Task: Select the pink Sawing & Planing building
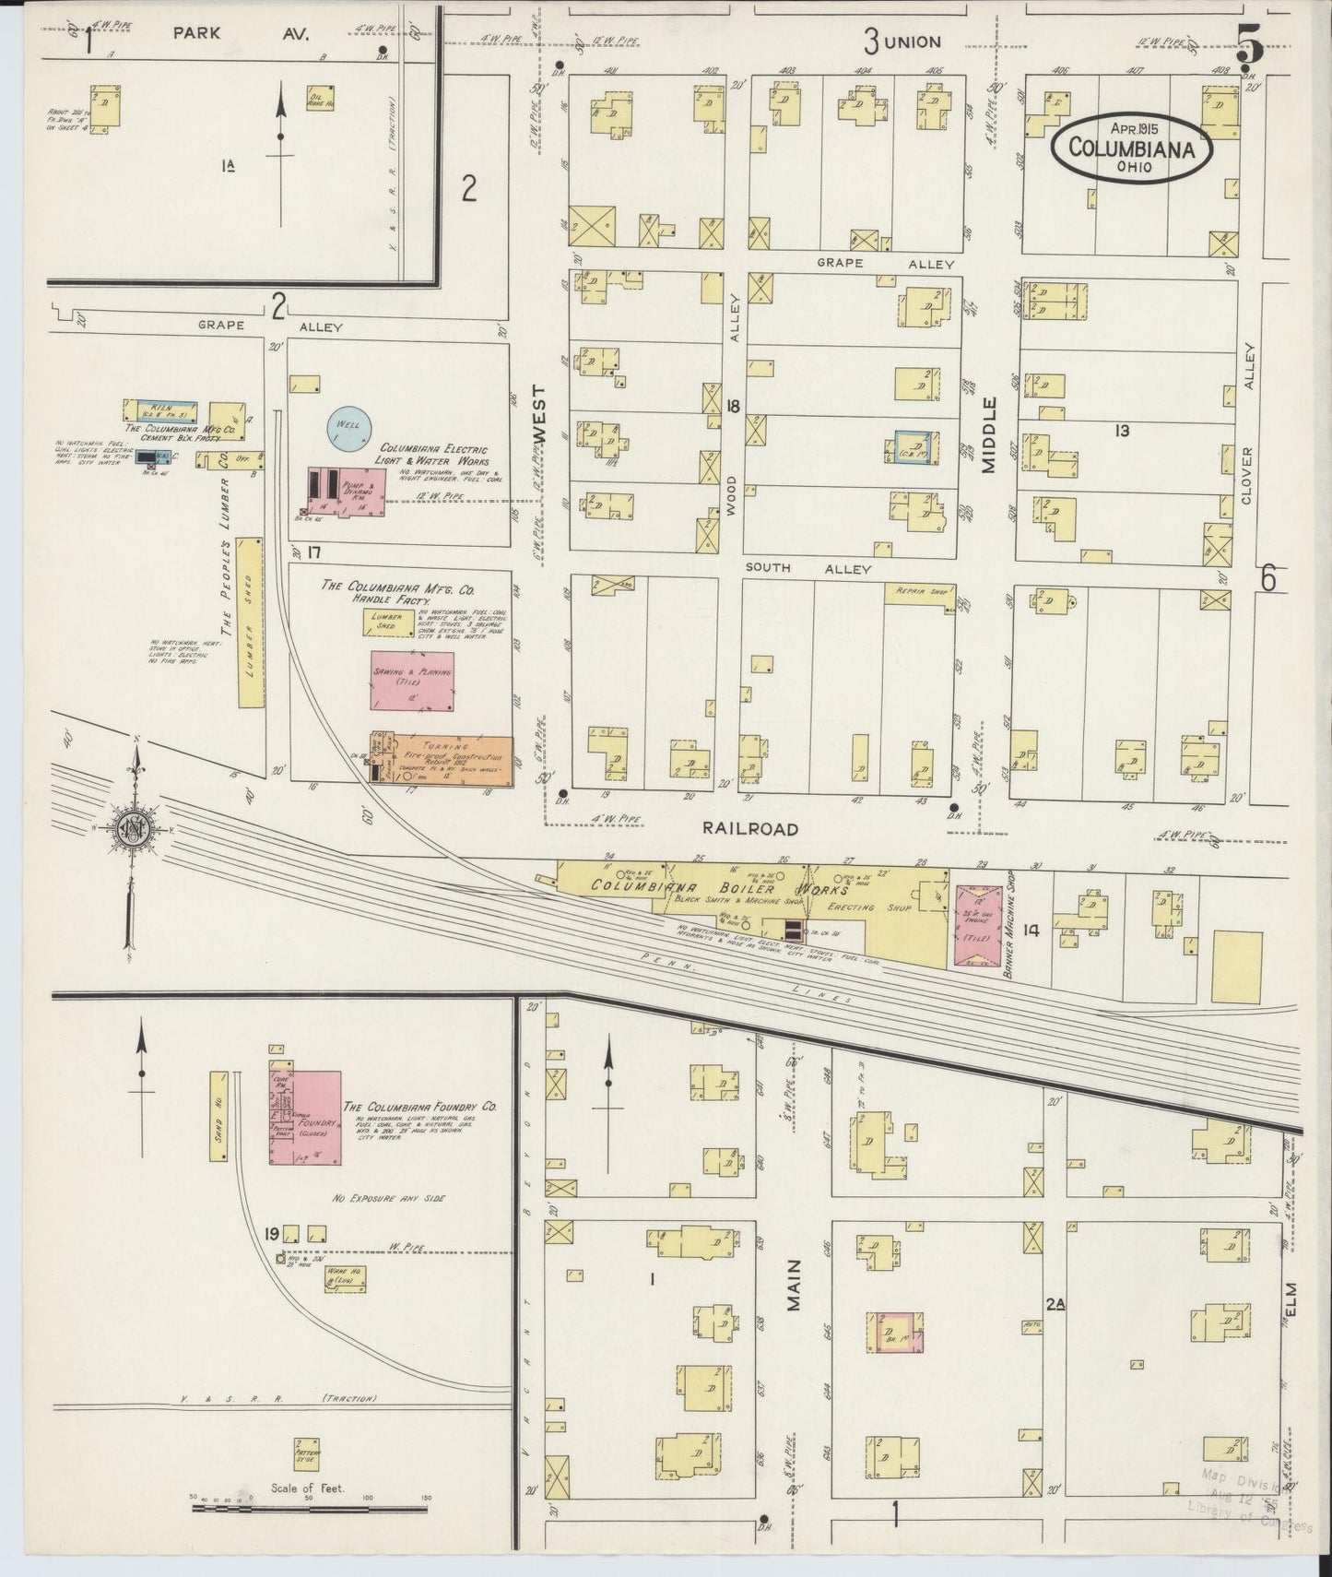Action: [412, 681]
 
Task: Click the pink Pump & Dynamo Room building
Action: [346, 492]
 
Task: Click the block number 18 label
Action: [733, 406]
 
